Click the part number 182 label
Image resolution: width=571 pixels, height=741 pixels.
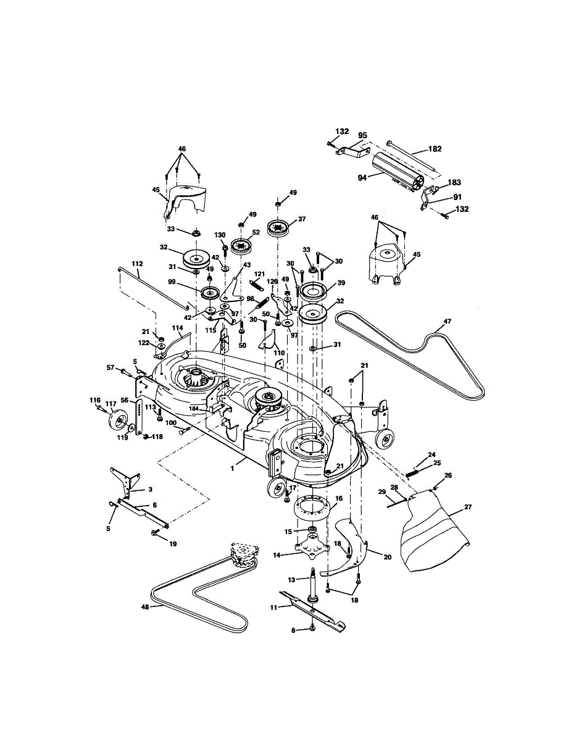[x=435, y=149]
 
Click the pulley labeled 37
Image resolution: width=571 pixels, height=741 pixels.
[x=278, y=227]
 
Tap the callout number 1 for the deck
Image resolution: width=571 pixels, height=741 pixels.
[x=233, y=469]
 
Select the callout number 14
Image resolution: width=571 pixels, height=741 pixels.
[x=277, y=556]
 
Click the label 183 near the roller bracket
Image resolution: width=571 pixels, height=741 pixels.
[x=454, y=183]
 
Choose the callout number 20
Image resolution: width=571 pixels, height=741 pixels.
[x=387, y=556]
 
